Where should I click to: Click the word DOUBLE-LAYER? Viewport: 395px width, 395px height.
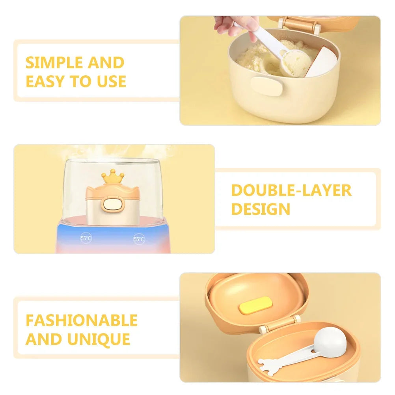[x=291, y=190]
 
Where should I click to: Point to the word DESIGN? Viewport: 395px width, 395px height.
[x=261, y=209]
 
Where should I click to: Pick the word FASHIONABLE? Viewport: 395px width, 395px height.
[x=82, y=320]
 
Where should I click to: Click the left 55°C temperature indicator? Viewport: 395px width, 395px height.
[x=86, y=238]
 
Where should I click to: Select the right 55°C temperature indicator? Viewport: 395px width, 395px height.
[x=139, y=239]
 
